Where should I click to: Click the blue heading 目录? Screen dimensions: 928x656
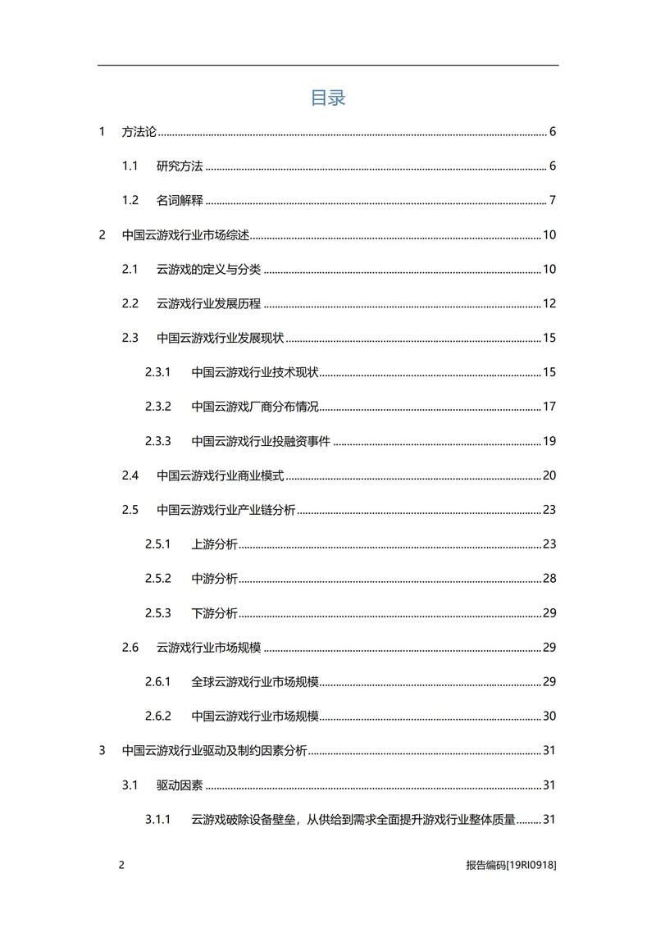click(x=328, y=98)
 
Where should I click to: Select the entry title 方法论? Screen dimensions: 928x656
click(x=139, y=132)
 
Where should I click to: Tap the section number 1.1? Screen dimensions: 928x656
click(x=130, y=166)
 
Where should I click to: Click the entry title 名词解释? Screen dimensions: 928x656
click(x=180, y=201)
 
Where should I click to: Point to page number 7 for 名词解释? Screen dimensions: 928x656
click(x=553, y=201)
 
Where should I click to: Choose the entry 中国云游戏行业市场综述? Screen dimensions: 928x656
click(x=185, y=235)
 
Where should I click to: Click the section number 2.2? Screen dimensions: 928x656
click(x=130, y=303)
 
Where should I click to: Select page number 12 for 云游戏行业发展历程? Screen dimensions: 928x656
click(x=549, y=303)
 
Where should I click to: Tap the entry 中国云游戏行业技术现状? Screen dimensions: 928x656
click(x=255, y=372)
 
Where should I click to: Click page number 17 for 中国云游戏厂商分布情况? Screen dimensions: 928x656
click(x=549, y=407)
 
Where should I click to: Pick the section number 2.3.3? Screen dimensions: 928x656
click(x=157, y=441)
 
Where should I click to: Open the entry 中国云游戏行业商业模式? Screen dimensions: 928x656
click(x=221, y=475)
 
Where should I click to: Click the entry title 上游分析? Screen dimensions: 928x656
click(x=215, y=544)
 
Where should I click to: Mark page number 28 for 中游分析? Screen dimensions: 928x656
click(x=549, y=579)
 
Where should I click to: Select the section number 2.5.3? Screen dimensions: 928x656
click(x=157, y=613)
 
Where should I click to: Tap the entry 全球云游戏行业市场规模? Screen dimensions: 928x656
click(x=255, y=681)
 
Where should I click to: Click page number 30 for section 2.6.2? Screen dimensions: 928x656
click(x=549, y=716)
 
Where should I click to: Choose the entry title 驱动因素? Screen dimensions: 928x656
click(x=180, y=785)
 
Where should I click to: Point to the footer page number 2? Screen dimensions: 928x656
click(x=121, y=866)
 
